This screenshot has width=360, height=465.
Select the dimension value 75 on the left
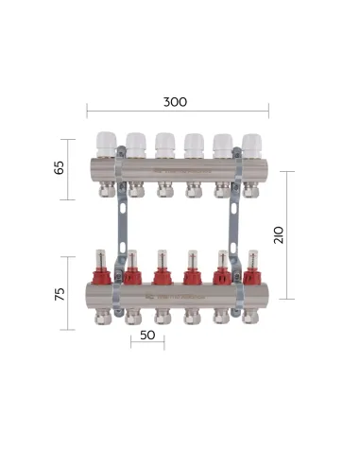[60, 293]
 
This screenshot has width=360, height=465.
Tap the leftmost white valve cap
[106, 143]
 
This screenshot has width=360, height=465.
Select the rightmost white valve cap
[251, 143]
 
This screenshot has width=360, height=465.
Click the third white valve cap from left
[164, 143]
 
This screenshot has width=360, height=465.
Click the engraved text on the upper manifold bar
[180, 172]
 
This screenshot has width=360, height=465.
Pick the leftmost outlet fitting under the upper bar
[106, 192]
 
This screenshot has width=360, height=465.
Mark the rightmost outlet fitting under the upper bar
[251, 192]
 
